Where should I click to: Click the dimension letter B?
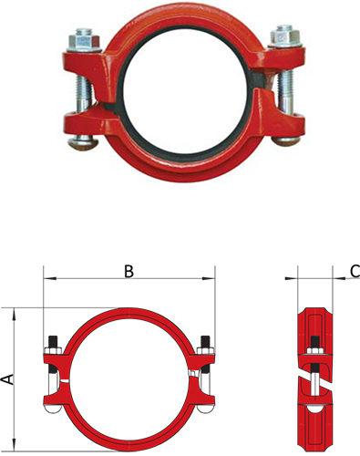click(x=129, y=271)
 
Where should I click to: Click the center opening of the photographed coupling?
click(x=180, y=91)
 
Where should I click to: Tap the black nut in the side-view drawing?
click(x=314, y=344)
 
